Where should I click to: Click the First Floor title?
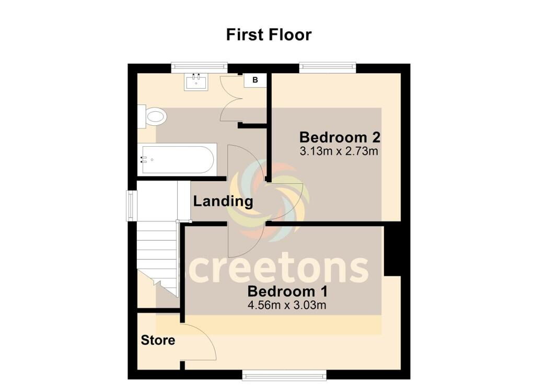[269, 35]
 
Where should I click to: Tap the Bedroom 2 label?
[340, 137]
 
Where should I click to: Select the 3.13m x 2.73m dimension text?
[339, 151]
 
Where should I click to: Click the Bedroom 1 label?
[288, 291]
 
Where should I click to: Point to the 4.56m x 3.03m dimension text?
[287, 305]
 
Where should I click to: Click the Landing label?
[223, 201]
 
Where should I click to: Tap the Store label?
[158, 340]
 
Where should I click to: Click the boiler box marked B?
[255, 80]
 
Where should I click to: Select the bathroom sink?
[196, 82]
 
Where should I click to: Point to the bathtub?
[177, 160]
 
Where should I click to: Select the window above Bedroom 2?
[328, 67]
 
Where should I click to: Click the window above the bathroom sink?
[199, 67]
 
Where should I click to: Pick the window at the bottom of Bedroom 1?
[284, 375]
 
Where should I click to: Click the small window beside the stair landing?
[132, 205]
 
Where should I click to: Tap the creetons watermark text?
[278, 269]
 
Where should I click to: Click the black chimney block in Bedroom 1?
[392, 251]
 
